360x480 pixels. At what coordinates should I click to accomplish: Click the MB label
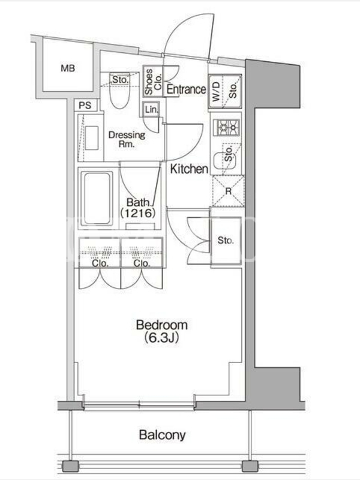(x=68, y=68)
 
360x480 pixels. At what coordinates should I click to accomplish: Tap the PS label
(x=85, y=106)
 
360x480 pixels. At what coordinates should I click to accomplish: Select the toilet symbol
(x=119, y=95)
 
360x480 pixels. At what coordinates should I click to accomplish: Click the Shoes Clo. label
(x=153, y=82)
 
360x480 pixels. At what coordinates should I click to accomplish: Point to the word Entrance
(x=186, y=89)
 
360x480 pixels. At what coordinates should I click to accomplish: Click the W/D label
(x=216, y=92)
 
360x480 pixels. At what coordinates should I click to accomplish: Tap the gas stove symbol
(x=229, y=127)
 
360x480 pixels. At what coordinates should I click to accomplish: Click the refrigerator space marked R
(x=229, y=191)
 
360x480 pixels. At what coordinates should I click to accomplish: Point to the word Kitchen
(x=189, y=169)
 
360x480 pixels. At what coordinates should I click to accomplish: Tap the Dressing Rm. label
(x=127, y=139)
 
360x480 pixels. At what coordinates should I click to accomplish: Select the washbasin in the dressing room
(x=92, y=138)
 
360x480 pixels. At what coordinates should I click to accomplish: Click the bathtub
(x=97, y=199)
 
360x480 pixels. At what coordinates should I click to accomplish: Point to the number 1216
(x=137, y=213)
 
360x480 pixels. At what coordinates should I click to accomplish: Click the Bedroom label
(x=161, y=325)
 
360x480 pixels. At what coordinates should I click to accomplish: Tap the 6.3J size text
(x=161, y=338)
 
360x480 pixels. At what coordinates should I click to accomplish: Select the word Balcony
(x=162, y=434)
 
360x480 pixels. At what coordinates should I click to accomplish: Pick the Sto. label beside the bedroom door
(x=226, y=241)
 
